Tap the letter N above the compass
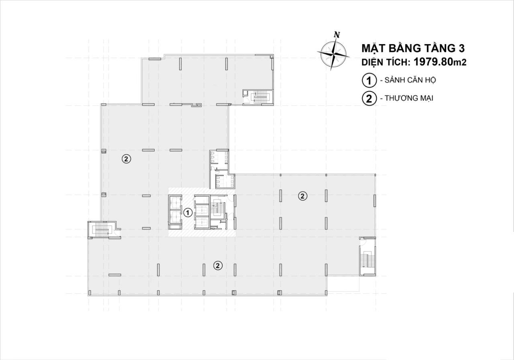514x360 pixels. pos(337,35)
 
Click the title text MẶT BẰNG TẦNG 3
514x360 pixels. pos(413,49)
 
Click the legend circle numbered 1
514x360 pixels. pos(369,80)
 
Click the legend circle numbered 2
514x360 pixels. pos(369,98)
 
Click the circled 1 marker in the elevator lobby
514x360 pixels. pos(187,213)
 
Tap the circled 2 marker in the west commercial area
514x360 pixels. pos(126,159)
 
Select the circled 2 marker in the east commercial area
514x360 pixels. pos(302,196)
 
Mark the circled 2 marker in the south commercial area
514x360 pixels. pos(218,266)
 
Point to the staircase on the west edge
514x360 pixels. pos(101,230)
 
